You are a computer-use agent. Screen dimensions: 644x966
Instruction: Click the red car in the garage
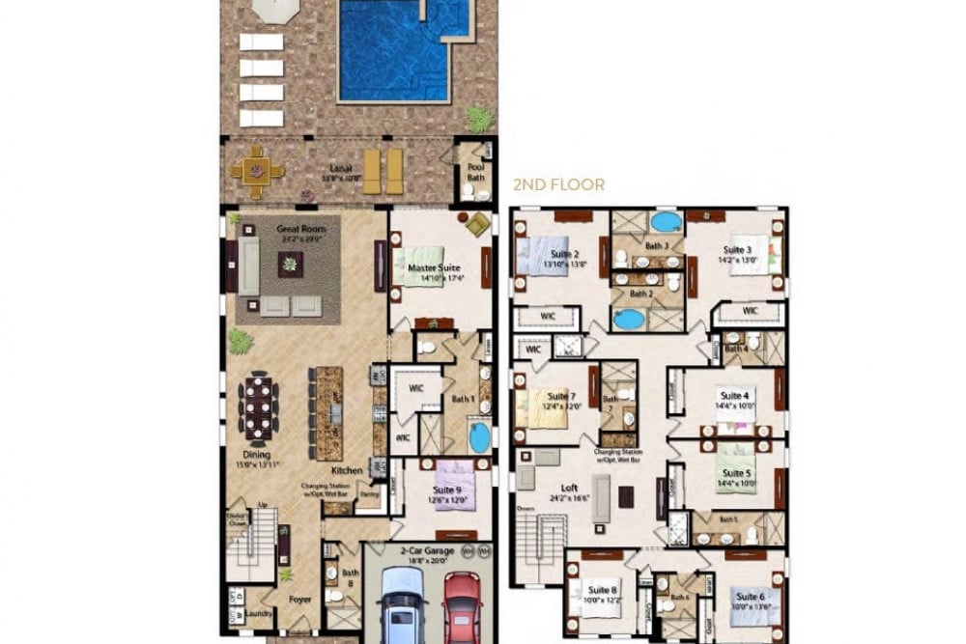coord(462,606)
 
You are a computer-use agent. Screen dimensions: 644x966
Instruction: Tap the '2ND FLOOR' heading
coord(559,183)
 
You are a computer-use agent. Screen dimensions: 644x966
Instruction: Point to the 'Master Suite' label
coord(434,267)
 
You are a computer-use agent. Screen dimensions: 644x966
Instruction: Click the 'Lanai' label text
coord(335,167)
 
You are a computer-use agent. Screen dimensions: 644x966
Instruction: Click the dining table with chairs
coord(258,406)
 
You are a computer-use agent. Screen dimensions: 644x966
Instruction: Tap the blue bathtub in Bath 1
coord(479,435)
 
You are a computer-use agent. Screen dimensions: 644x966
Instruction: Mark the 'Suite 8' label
coord(601,589)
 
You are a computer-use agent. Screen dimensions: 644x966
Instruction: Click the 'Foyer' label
coord(300,598)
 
